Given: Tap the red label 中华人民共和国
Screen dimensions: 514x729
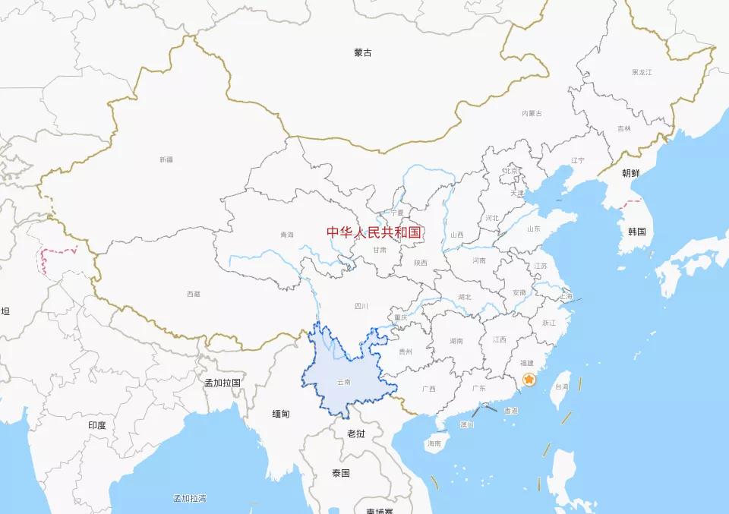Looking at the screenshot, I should (x=374, y=232).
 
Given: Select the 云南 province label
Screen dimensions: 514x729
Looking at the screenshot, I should (x=344, y=382).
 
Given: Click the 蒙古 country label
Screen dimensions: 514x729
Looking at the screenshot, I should (x=363, y=53).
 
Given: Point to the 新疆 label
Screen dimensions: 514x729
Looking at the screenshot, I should (x=166, y=159).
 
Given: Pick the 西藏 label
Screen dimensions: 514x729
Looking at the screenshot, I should (x=193, y=294).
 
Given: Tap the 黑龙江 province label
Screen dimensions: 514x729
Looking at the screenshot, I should (x=642, y=72).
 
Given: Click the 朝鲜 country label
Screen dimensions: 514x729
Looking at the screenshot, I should (x=631, y=173).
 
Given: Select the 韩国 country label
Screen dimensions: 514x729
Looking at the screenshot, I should (x=636, y=232).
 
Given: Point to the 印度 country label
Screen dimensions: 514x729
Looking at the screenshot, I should (x=96, y=425).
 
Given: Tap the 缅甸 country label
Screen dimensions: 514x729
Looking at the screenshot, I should (x=280, y=414).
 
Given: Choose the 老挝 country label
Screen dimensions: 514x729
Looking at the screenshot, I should (x=356, y=434).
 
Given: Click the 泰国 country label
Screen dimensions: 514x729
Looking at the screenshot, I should (x=340, y=473).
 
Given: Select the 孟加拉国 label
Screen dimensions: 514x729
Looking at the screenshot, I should (x=222, y=383).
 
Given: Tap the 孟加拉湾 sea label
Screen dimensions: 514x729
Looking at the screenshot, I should (x=189, y=498).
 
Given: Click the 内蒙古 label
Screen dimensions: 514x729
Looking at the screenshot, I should (x=532, y=113).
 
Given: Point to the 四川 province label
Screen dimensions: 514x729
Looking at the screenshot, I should (x=361, y=306).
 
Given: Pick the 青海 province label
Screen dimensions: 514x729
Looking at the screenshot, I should (x=286, y=235).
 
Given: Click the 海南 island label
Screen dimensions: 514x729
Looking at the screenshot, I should (x=434, y=443).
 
